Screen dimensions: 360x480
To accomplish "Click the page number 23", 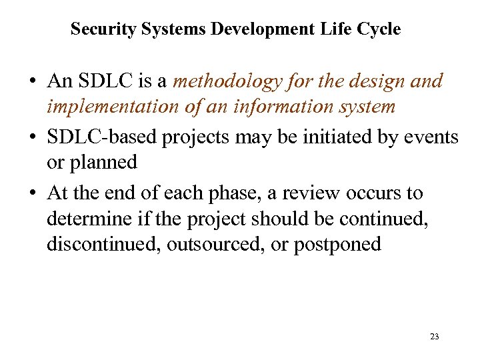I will point(435,337).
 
